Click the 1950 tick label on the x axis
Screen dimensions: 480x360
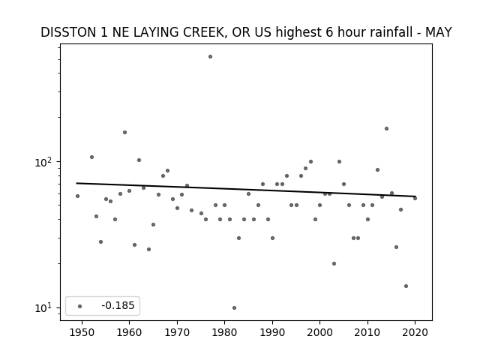tap(82, 333)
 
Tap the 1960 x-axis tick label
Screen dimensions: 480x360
tap(129, 333)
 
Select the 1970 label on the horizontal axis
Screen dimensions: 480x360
tap(177, 333)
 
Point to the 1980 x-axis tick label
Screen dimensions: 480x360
tap(224, 333)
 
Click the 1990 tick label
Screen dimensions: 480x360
tap(272, 333)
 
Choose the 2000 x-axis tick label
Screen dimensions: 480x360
tap(319, 333)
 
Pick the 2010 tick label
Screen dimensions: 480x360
tap(367, 333)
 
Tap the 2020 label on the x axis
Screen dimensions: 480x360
tap(415, 333)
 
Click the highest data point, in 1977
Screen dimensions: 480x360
tap(210, 57)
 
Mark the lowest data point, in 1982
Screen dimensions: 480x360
tap(234, 307)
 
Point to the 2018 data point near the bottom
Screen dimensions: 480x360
tap(406, 286)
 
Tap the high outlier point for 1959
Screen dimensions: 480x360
tap(124, 132)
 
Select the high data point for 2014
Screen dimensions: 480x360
tap(387, 128)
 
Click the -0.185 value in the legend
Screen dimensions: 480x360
tap(118, 305)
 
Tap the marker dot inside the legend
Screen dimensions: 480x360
tap(80, 306)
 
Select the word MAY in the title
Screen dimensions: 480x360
tap(438, 32)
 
